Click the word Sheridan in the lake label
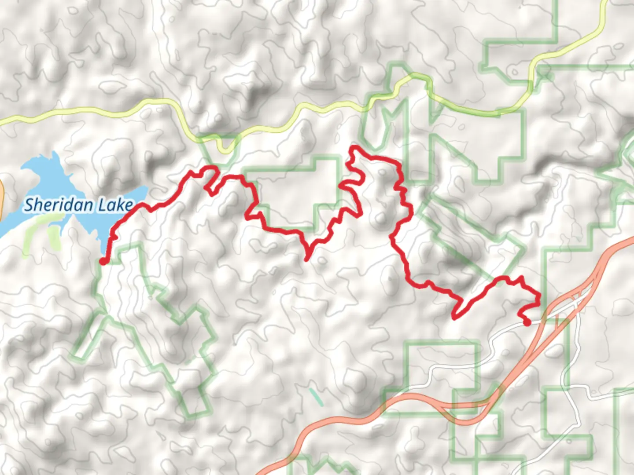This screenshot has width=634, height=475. pos(59,205)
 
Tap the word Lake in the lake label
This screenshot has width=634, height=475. pos(115,205)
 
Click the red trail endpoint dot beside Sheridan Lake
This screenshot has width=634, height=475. pos(103,261)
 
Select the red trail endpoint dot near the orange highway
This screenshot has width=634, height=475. pos(527,323)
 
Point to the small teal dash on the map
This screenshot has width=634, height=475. pos(316,397)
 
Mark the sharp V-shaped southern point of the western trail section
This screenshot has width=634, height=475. pos(306,259)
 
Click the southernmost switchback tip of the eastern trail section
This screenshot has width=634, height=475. pos(454,317)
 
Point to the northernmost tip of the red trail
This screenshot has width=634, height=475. pos(352,147)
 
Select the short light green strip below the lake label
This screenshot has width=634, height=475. pos(54,237)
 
